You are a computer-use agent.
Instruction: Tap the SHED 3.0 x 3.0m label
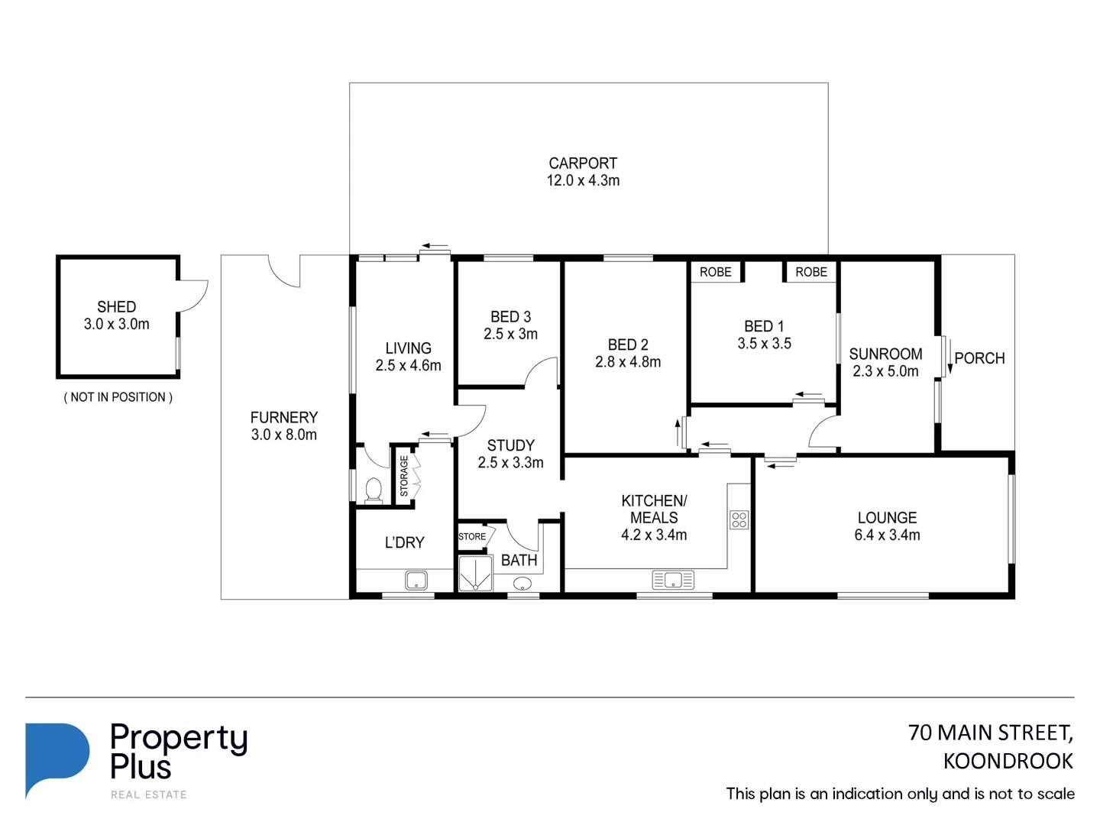coord(117,315)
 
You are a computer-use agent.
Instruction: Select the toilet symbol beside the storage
coord(374,490)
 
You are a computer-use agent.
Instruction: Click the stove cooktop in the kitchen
coord(739,520)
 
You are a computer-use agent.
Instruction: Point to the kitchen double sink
coord(673,581)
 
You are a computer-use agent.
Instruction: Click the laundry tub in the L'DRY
coord(416,581)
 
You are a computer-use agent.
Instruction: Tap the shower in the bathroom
coord(474,574)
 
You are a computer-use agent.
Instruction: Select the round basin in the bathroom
coord(522,584)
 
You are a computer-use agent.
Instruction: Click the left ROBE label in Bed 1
coord(715,272)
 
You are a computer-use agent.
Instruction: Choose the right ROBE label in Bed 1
coord(810,272)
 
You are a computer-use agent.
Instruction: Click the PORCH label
coord(979,358)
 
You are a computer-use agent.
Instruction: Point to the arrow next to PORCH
coord(950,356)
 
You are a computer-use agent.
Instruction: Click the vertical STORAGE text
coord(404,476)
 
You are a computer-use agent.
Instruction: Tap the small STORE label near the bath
coord(472,537)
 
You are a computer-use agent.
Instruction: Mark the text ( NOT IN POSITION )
coord(118,397)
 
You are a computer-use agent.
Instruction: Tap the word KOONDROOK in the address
coord(1008,762)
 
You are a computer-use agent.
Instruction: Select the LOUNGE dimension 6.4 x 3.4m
coord(887,535)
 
